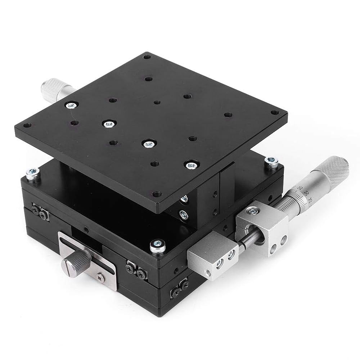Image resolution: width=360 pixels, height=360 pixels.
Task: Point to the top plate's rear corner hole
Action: [x=147, y=57]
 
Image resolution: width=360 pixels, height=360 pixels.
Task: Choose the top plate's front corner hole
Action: [x=156, y=194]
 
